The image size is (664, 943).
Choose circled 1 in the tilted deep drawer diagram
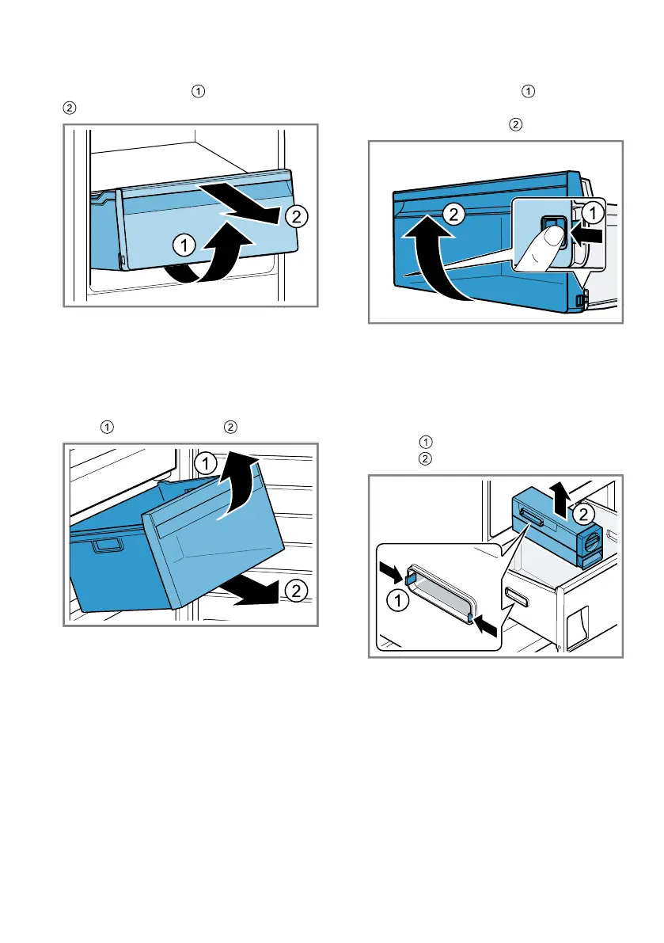pyautogui.click(x=205, y=462)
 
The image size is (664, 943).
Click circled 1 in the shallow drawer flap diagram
pyautogui.click(x=184, y=247)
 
